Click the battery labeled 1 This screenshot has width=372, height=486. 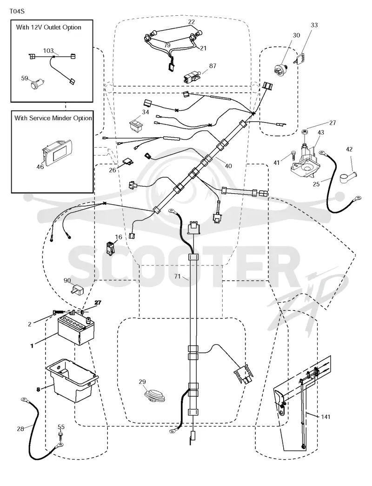pos(76,329)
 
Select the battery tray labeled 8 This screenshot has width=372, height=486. pos(72,380)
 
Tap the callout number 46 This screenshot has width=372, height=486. pos(40,167)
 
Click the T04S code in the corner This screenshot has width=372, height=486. pos(17,12)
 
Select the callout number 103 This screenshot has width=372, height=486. pos(48,51)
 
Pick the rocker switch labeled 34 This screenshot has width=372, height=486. pos(137,124)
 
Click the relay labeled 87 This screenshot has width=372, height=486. pos(190,76)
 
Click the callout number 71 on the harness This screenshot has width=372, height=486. pos(177,276)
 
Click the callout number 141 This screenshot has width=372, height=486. pos(325,417)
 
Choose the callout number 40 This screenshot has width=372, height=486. pos(228,166)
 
